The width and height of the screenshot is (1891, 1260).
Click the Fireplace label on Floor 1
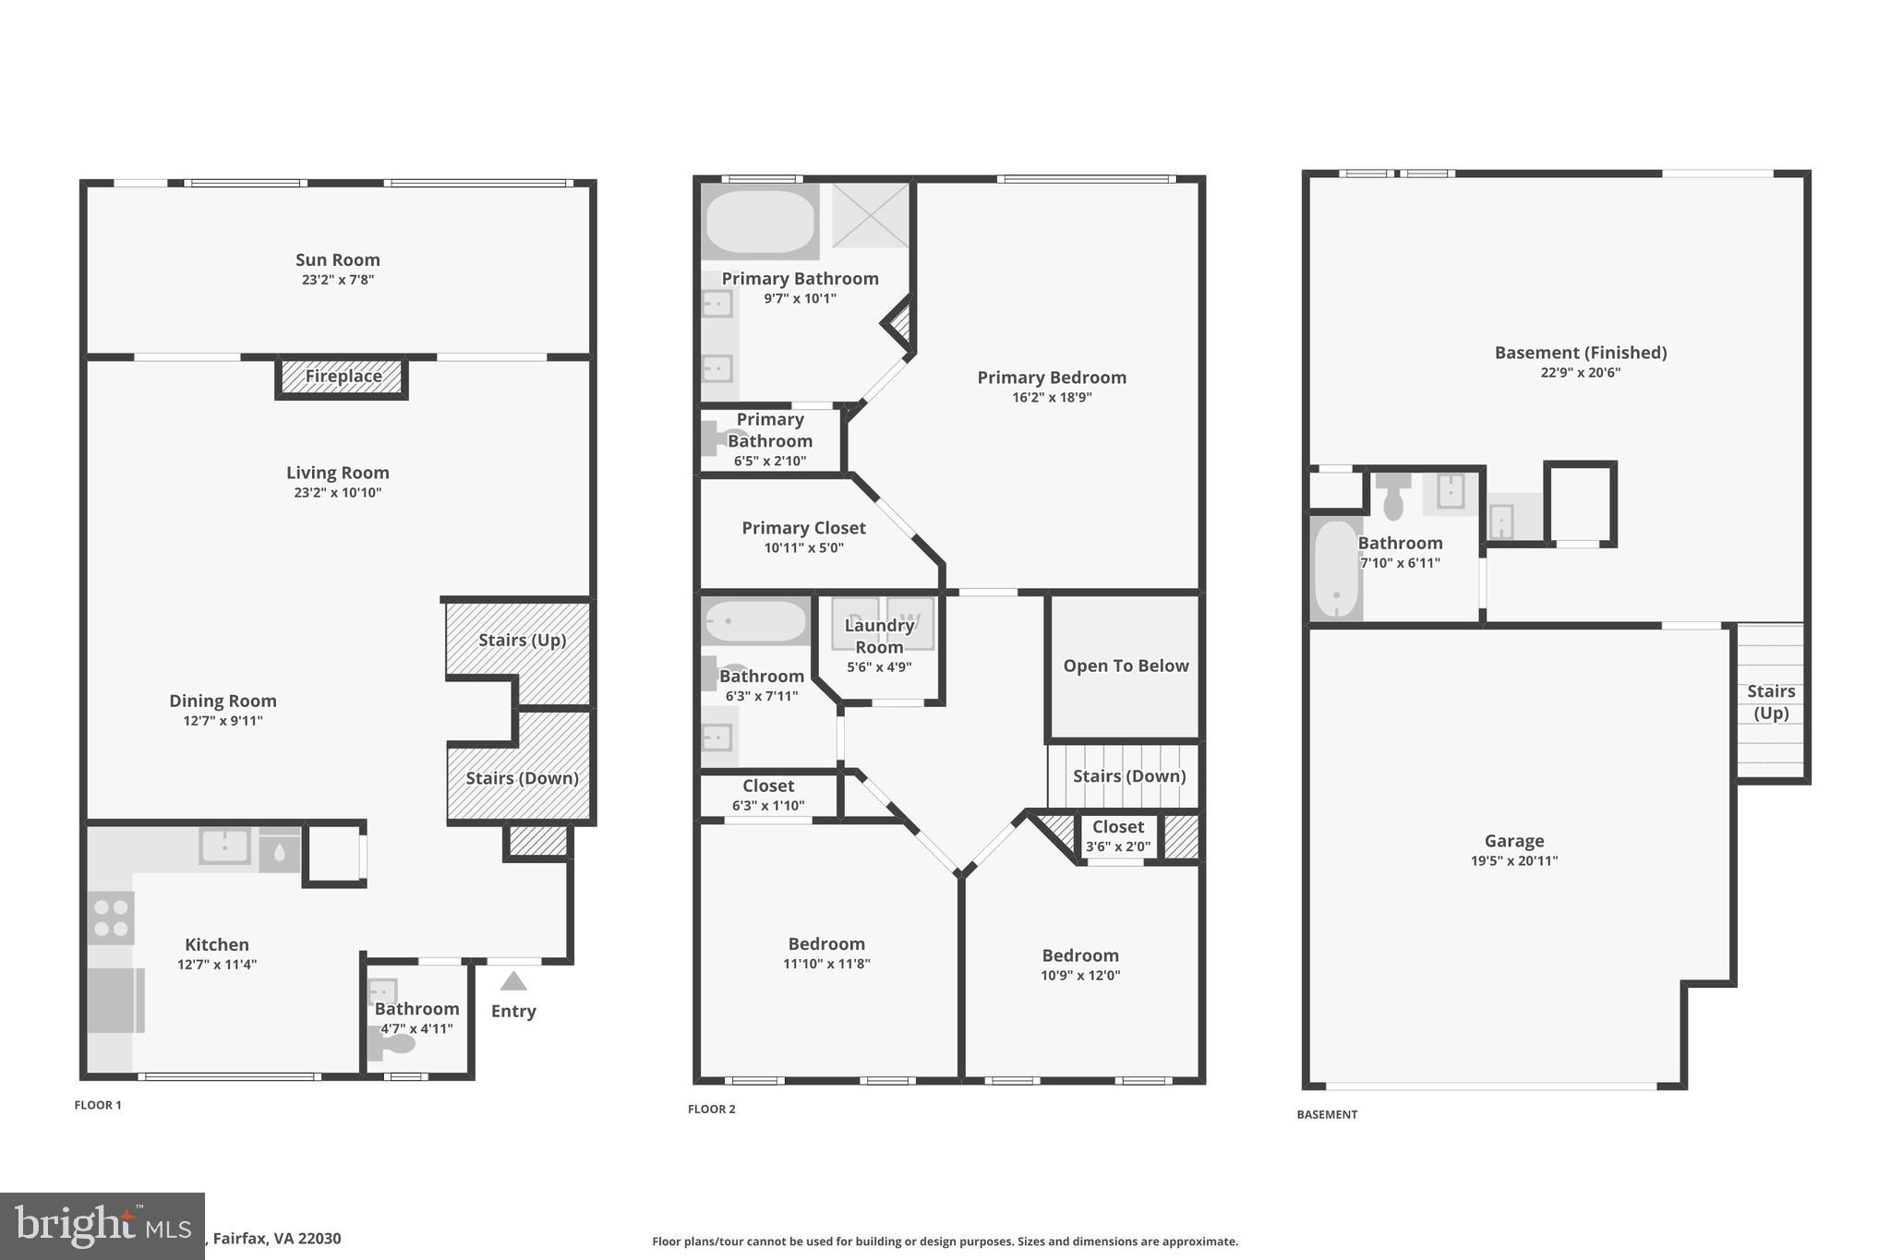click(343, 377)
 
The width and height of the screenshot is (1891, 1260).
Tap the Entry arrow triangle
click(513, 982)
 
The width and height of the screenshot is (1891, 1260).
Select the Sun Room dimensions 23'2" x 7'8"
click(338, 280)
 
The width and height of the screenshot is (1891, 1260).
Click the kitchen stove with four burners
click(111, 918)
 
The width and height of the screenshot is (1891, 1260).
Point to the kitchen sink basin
click(224, 846)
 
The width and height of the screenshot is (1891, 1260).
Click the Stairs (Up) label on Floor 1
click(522, 640)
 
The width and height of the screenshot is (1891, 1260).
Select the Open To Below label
click(1126, 666)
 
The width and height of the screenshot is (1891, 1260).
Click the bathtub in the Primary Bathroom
click(760, 222)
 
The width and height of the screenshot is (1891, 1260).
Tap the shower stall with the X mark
click(870, 215)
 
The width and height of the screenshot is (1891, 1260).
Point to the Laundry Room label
click(879, 636)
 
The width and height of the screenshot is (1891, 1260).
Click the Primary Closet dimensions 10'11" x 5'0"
click(803, 548)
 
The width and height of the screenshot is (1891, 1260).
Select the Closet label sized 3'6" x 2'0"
click(1117, 827)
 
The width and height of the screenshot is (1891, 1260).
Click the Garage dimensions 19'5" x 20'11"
click(1513, 861)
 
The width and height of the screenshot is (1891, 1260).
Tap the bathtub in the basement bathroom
click(1335, 570)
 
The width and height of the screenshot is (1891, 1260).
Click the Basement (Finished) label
click(1580, 353)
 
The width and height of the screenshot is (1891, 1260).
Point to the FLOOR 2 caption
click(711, 1110)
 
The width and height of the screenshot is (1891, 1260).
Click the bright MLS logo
click(102, 1226)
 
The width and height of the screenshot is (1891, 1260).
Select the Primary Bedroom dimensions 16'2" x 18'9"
click(1052, 398)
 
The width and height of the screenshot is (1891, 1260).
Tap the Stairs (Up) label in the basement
click(1770, 702)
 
